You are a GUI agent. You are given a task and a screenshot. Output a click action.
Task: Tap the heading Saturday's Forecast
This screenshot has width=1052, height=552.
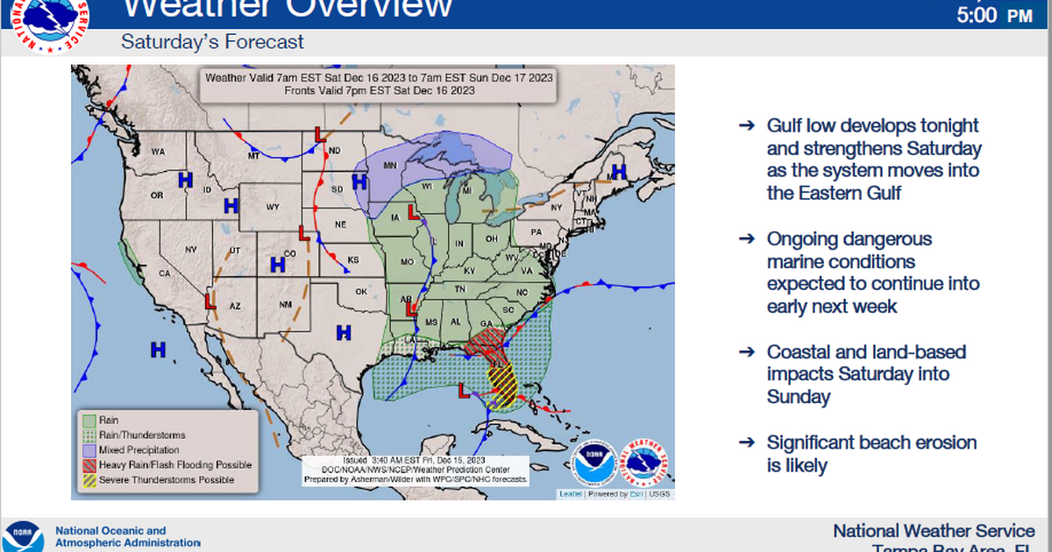[x=213, y=41]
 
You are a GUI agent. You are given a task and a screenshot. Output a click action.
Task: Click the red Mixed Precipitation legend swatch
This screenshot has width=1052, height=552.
[x=88, y=449]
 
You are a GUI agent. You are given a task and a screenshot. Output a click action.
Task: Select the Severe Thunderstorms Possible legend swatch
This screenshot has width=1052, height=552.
[x=88, y=479]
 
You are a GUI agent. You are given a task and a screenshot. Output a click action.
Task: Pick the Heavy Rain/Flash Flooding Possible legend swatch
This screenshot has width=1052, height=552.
[x=88, y=464]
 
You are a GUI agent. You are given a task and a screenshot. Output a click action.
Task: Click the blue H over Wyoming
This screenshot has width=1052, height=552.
[x=231, y=206]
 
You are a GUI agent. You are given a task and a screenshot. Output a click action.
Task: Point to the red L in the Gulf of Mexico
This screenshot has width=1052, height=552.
[x=463, y=390]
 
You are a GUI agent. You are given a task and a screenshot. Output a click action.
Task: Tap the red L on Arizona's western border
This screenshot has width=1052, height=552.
[x=210, y=301]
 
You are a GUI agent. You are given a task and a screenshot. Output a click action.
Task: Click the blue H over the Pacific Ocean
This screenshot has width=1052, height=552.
[x=158, y=350]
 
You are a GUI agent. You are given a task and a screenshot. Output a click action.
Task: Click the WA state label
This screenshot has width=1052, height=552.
[x=158, y=152]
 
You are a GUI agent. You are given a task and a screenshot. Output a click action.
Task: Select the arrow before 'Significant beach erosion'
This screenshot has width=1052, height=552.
[x=746, y=442]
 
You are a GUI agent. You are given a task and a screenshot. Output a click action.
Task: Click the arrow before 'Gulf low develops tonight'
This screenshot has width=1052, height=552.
[x=746, y=125]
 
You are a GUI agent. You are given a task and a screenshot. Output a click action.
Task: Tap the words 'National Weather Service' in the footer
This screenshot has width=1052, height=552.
[x=934, y=530]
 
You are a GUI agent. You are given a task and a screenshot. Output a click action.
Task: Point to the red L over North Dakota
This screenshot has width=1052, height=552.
[x=320, y=135]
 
